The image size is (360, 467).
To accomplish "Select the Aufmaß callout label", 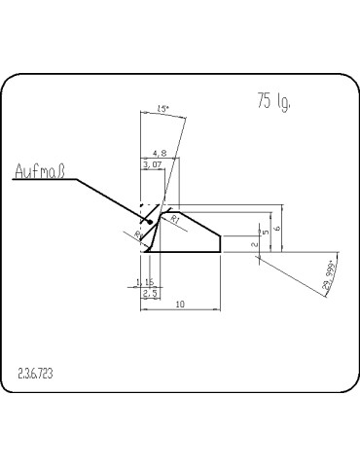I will coord(39,174).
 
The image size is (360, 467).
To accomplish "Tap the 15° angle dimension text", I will coord(162,112).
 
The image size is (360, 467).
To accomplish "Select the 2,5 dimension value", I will coord(150,293).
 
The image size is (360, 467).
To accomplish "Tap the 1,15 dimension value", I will coord(145,282).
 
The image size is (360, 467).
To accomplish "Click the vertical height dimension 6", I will coord(277,228).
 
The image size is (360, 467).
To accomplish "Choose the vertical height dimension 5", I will coord(266,233).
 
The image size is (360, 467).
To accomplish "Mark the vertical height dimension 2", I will coord(254,244).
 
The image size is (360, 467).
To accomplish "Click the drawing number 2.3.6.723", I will coord(36,373).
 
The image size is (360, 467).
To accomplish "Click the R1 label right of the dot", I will coord(175,221).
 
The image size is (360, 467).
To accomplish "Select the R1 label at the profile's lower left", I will coord(139,234).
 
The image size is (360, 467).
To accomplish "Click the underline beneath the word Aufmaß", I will coord(39,182).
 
